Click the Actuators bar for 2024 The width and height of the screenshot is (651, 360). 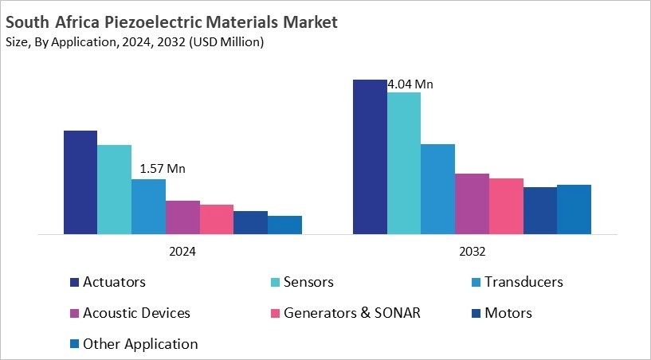tap(80, 182)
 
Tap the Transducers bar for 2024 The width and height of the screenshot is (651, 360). tap(148, 207)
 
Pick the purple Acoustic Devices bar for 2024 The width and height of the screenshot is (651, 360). tap(182, 217)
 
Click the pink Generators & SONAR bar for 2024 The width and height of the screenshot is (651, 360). tap(217, 220)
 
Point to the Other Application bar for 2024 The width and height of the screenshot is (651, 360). tap(284, 225)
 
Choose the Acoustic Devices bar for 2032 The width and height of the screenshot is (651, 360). tap(472, 204)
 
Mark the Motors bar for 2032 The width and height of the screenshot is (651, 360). tap(540, 211)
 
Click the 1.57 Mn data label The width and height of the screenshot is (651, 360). tap(162, 169)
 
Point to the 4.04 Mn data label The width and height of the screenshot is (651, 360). tap(410, 84)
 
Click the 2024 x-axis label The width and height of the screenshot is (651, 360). tap(182, 250)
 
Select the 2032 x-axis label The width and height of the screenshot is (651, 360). tap(472, 250)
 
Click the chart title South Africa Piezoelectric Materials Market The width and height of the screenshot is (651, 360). tap(171, 22)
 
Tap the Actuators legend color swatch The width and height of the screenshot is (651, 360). tap(74, 282)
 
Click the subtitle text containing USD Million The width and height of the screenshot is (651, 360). tap(135, 42)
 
